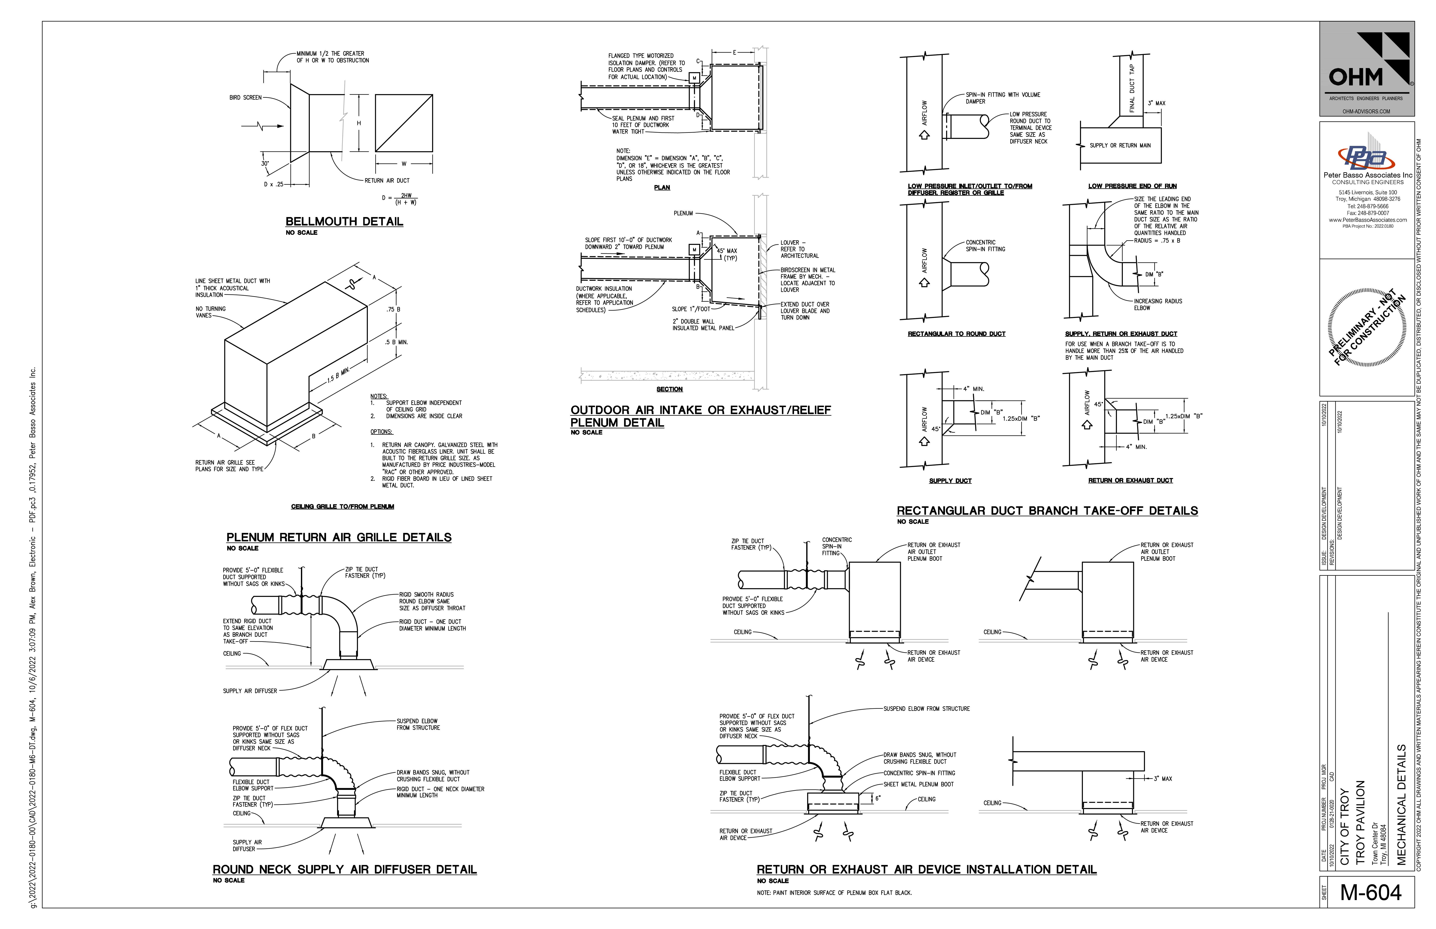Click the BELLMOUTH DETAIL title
344,221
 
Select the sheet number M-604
1371,892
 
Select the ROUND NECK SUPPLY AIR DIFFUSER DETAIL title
344,869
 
